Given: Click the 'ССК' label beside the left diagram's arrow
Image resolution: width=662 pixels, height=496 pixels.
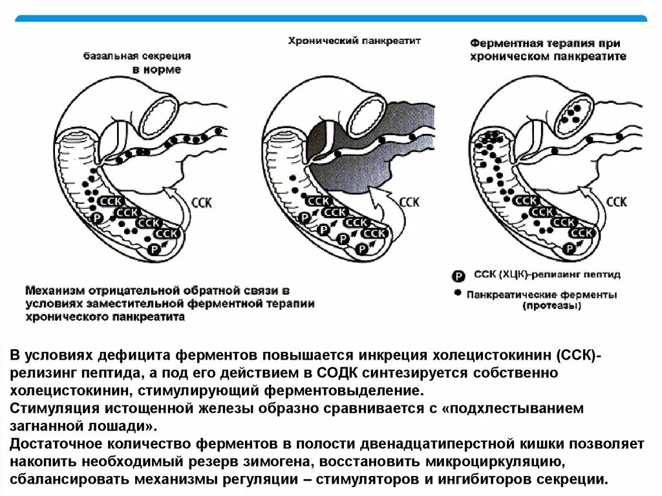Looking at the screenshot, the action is coord(202,202).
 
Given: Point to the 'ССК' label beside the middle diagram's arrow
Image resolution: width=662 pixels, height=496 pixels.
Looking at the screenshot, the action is coord(409,202).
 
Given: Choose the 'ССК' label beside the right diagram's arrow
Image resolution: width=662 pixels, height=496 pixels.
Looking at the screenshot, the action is coord(617,202).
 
